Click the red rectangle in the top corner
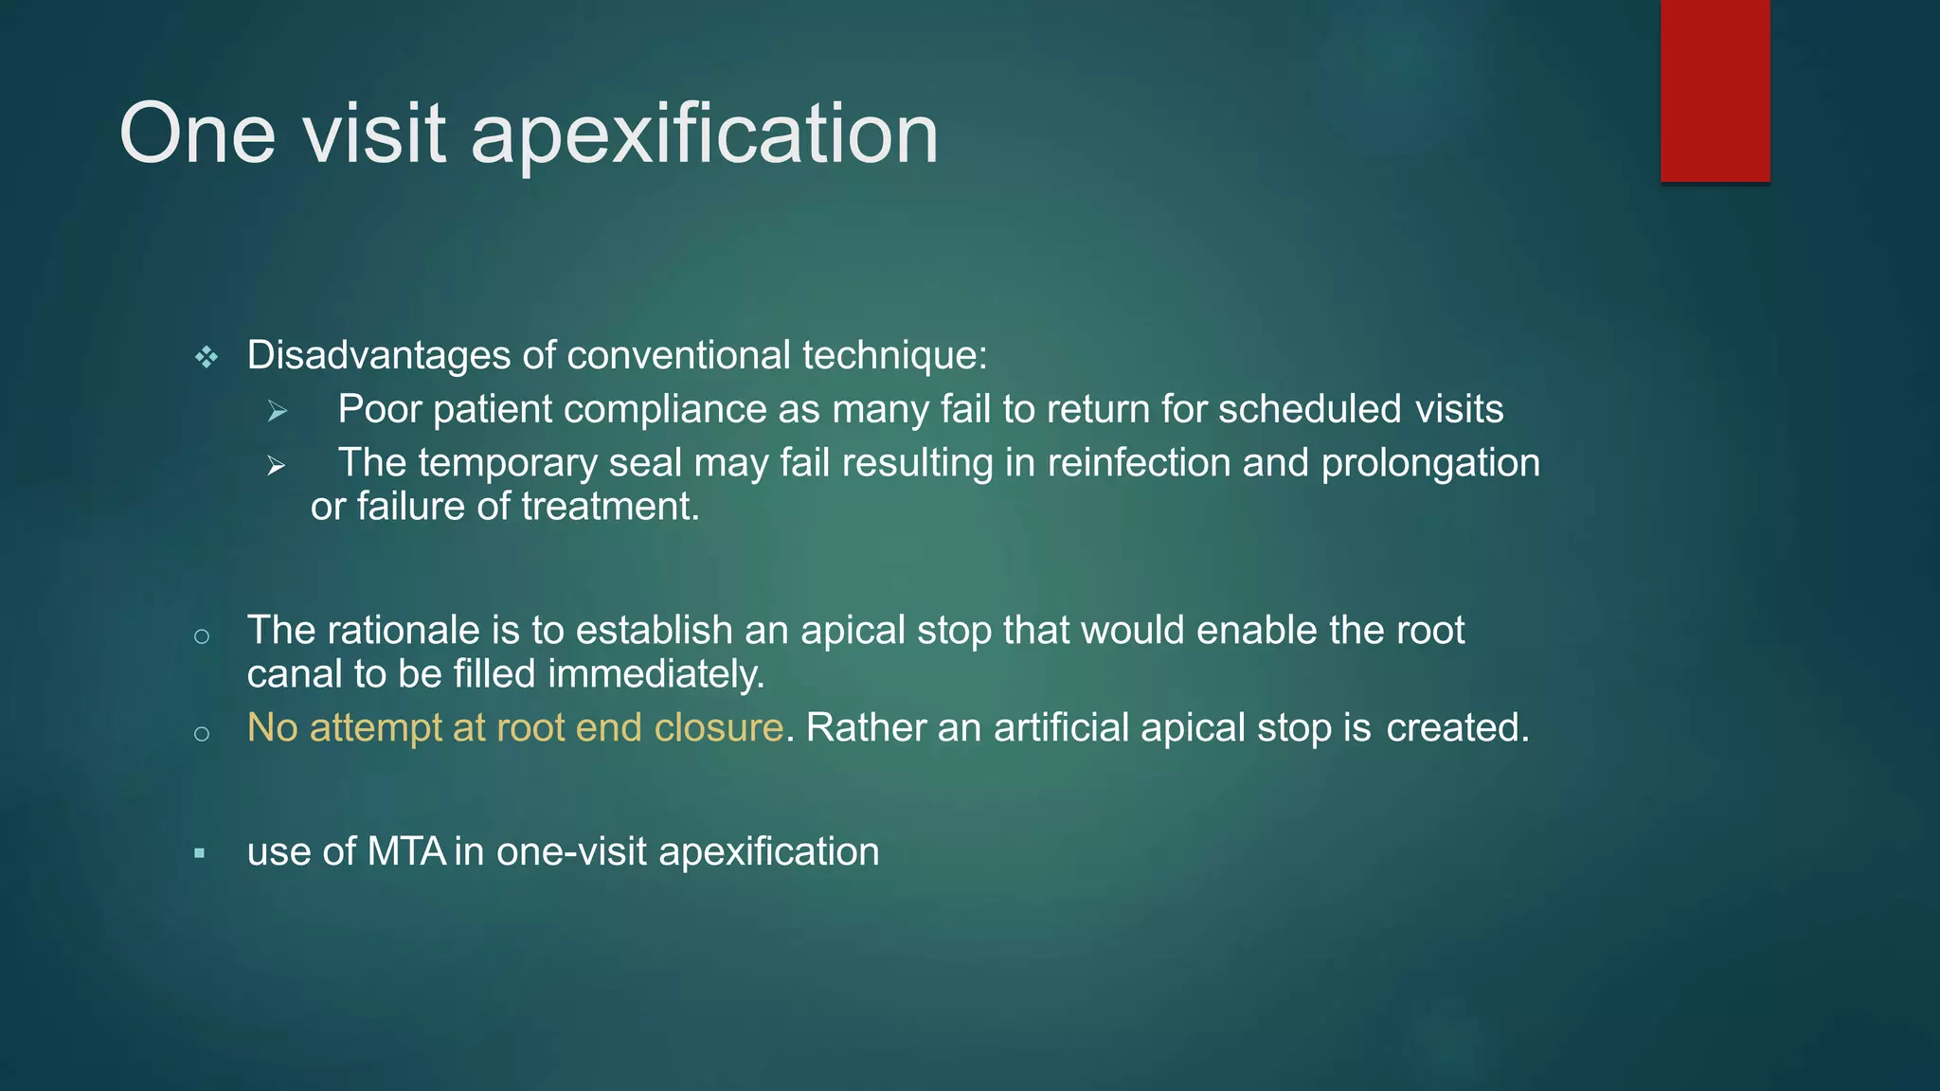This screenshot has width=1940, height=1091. pyautogui.click(x=1715, y=91)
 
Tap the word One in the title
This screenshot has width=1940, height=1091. pyautogui.click(x=197, y=134)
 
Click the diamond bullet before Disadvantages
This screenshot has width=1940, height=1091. pyautogui.click(x=207, y=357)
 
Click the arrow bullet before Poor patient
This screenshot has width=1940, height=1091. pyautogui.click(x=277, y=411)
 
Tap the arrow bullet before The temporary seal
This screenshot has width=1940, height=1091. pyautogui.click(x=277, y=465)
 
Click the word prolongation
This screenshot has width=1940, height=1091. pyautogui.click(x=1430, y=463)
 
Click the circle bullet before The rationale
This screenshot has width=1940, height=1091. pyautogui.click(x=201, y=636)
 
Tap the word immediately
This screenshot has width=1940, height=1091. pyautogui.click(x=656, y=674)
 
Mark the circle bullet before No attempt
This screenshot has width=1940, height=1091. pyautogui.click(x=201, y=733)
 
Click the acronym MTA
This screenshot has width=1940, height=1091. pyautogui.click(x=406, y=851)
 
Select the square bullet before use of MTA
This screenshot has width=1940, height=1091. pyautogui.click(x=200, y=853)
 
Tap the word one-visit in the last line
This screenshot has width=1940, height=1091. pyautogui.click(x=571, y=851)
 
